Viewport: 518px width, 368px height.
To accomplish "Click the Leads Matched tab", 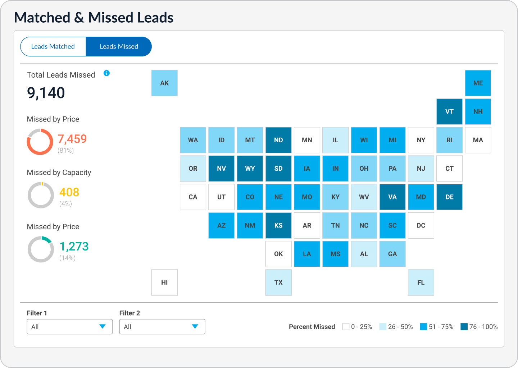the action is [x=53, y=46].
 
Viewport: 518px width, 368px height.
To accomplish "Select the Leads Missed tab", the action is [x=119, y=46].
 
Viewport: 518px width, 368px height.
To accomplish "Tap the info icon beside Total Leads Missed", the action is [x=106, y=73].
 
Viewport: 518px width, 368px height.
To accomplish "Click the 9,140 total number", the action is [x=46, y=93].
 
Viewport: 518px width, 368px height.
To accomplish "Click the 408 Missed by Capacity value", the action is [x=69, y=192].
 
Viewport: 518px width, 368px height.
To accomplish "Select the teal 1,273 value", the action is [x=74, y=247].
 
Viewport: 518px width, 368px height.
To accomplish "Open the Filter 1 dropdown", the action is [x=70, y=327].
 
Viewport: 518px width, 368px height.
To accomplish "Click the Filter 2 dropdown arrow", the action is [x=195, y=326].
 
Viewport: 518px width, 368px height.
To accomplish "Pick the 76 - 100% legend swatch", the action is [x=464, y=327].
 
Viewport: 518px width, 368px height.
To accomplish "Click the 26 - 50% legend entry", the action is [x=396, y=327].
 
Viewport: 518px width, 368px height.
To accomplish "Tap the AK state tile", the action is [x=164, y=83].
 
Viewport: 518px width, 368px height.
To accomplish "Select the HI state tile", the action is [x=164, y=282].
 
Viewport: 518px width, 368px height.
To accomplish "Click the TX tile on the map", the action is [x=278, y=282].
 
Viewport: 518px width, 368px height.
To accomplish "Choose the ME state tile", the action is [x=478, y=83].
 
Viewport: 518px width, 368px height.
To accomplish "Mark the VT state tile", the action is [x=450, y=111].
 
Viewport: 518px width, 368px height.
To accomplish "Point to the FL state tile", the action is [x=421, y=282].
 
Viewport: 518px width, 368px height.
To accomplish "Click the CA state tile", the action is [x=193, y=197].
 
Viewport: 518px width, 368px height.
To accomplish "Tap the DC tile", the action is [x=421, y=225].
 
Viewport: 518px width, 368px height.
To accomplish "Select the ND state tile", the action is [x=278, y=140].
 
